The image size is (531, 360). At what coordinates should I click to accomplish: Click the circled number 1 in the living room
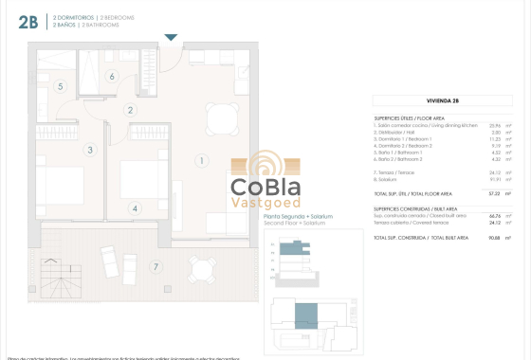click(201, 160)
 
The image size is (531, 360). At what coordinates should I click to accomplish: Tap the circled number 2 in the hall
click(131, 110)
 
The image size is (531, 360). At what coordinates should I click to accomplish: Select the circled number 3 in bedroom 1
click(90, 150)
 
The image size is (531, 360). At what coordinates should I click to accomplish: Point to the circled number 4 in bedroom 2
click(136, 208)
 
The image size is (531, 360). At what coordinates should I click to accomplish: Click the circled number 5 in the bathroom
click(61, 86)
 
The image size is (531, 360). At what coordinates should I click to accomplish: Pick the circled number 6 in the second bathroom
click(112, 77)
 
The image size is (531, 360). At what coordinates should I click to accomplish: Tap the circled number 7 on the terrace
click(156, 267)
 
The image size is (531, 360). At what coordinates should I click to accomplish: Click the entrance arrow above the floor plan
click(171, 38)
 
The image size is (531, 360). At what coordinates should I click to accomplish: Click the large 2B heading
click(28, 24)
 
